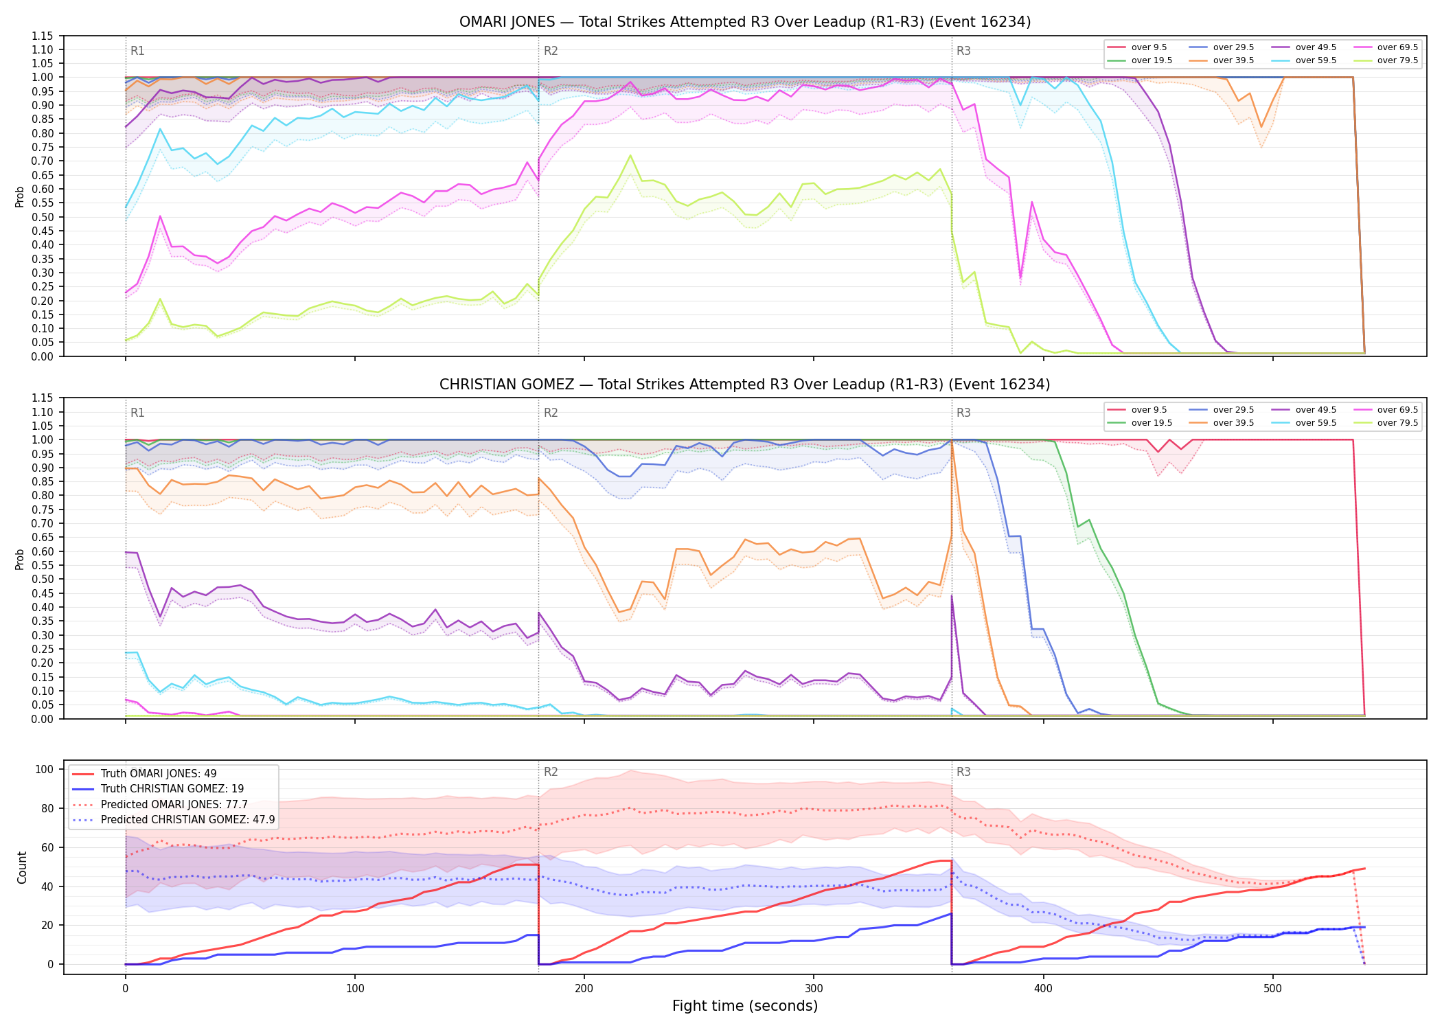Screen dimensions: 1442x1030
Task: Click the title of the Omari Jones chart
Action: pyautogui.click(x=745, y=22)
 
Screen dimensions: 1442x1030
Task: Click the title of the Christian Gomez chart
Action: pyautogui.click(x=745, y=385)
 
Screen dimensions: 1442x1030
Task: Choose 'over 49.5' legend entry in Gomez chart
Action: pyautogui.click(x=1304, y=410)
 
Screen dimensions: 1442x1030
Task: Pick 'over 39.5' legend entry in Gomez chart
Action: pyautogui.click(x=1222, y=423)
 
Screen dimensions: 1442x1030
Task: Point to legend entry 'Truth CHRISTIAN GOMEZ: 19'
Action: pyautogui.click(x=157, y=789)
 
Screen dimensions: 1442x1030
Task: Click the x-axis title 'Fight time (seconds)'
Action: pyautogui.click(x=745, y=1006)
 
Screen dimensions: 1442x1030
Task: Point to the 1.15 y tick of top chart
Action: pyautogui.click(x=43, y=36)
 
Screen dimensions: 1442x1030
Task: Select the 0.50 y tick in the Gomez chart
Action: pyautogui.click(x=43, y=580)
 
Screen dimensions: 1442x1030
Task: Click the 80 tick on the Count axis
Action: pyautogui.click(x=47, y=808)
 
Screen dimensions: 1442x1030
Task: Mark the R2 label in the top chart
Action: pyautogui.click(x=551, y=51)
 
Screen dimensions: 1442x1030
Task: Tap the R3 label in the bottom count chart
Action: pyautogui.click(x=963, y=772)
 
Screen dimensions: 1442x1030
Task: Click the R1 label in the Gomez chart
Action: pyautogui.click(x=137, y=413)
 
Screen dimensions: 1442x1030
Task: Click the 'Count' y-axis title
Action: pyautogui.click(x=22, y=867)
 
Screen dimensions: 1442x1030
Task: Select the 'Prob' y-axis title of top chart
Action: pyautogui.click(x=20, y=196)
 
